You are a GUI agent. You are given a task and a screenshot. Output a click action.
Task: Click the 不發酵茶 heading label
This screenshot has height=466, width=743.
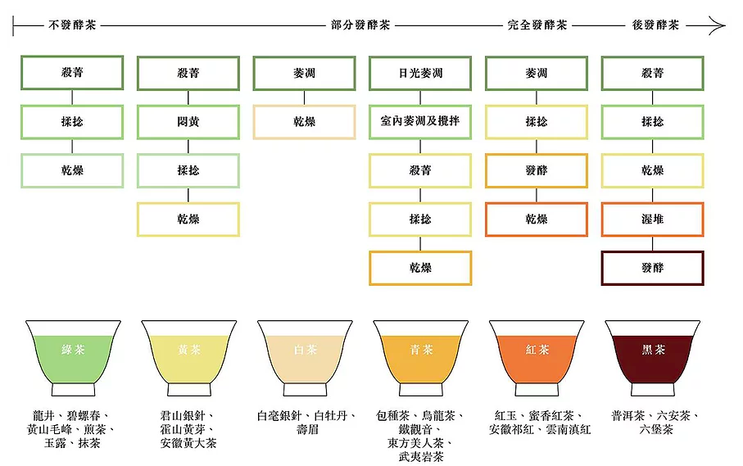coord(73,25)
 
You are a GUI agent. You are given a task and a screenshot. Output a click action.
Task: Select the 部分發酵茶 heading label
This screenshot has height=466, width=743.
coord(360,25)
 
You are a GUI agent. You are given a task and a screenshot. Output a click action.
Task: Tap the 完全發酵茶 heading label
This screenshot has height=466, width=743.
coord(537,25)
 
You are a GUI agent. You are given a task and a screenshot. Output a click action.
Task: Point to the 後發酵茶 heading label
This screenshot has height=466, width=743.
coord(656,25)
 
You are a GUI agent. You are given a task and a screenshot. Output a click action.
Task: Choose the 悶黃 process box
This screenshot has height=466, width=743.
coord(188,122)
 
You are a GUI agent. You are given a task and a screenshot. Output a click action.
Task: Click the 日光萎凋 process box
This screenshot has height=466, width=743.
coord(420,73)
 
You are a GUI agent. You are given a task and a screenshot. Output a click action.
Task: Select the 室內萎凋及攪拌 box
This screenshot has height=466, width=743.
coord(420,122)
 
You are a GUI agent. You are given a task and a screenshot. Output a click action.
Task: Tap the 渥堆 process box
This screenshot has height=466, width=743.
coord(653,219)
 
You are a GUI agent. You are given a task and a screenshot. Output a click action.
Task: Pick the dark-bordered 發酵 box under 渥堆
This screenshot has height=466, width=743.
coord(653,268)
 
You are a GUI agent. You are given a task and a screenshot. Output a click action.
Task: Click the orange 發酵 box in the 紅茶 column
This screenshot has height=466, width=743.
coord(537,170)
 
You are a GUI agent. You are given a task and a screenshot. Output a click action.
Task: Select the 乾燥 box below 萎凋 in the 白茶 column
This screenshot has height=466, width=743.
coord(304,122)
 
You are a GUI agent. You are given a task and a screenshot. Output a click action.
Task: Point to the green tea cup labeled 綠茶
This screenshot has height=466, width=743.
coord(73,358)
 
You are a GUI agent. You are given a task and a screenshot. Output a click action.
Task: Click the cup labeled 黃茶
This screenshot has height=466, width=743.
coord(189,358)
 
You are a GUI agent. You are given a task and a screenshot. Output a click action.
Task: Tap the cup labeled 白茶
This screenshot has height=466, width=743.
coord(306,358)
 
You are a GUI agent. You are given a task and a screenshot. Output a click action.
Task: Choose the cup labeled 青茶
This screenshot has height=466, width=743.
coord(421,358)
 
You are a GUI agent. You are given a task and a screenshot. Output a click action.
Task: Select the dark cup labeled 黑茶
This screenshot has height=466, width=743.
coord(653,358)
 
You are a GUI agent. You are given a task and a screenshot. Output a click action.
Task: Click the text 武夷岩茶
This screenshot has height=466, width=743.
coord(421,456)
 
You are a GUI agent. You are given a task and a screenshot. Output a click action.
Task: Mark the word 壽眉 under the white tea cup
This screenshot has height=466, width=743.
coord(307,429)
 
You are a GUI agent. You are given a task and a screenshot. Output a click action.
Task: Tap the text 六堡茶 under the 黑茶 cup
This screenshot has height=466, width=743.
coord(656,429)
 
